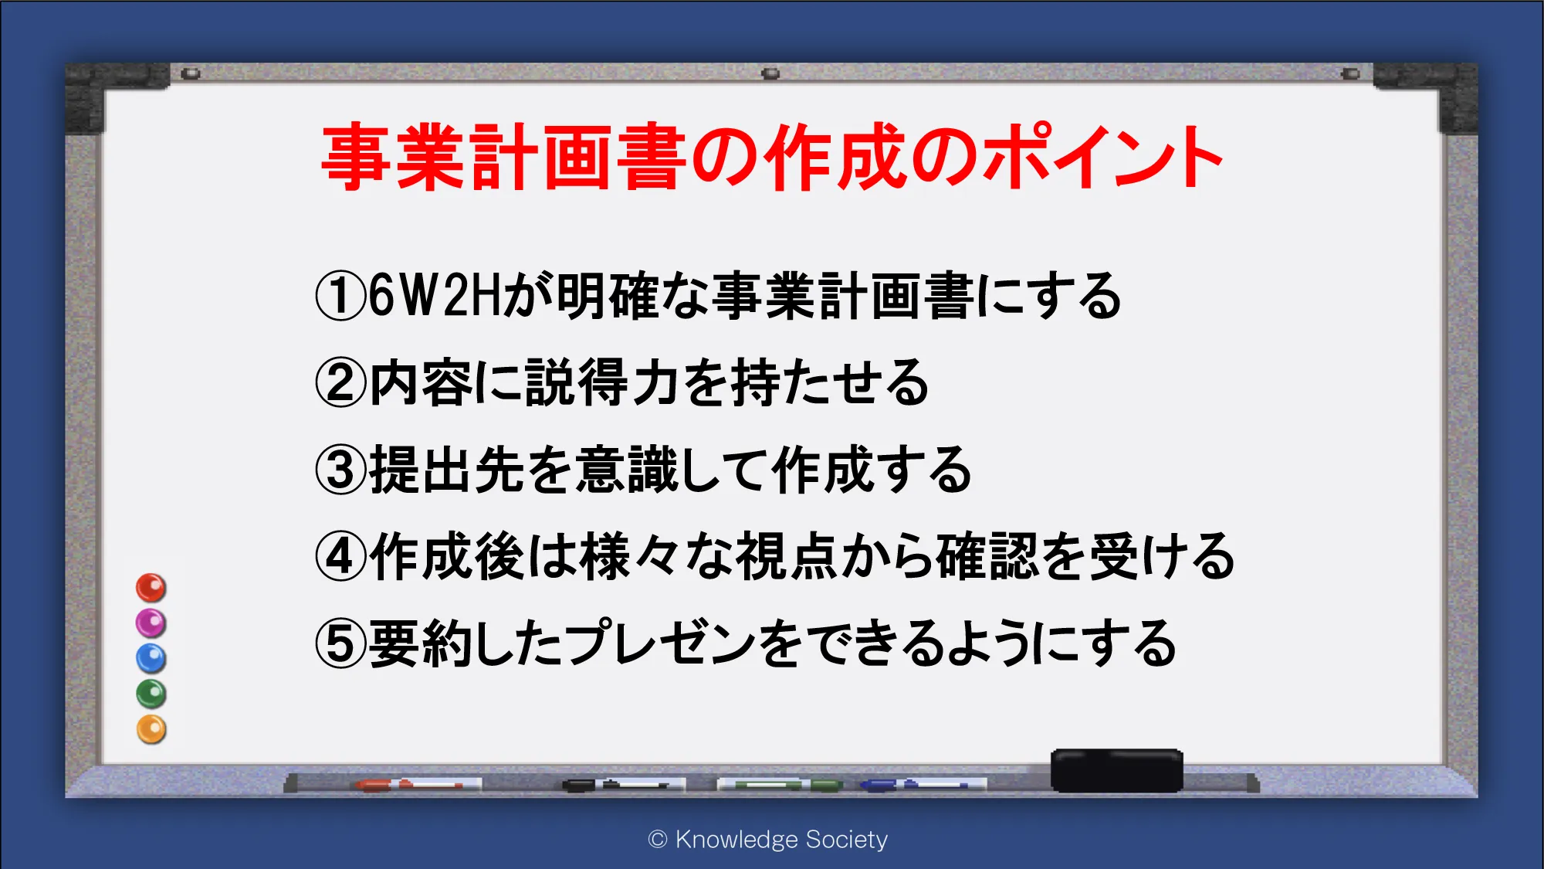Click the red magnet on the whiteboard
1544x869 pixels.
(x=151, y=588)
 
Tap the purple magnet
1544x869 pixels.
(x=151, y=623)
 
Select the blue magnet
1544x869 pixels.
(x=151, y=659)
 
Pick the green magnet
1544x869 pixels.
(x=151, y=694)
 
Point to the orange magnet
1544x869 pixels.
(x=151, y=729)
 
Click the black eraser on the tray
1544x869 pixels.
(x=1117, y=770)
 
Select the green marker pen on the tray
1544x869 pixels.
(x=780, y=785)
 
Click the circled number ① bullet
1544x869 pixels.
(x=340, y=296)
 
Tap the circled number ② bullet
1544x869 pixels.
(x=340, y=383)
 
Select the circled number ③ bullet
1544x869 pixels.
(x=340, y=470)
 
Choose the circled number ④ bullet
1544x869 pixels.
(x=340, y=557)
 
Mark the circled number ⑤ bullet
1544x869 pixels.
(x=340, y=644)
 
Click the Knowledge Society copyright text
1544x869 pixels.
(x=768, y=839)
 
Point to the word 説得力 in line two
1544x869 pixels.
(x=602, y=383)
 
